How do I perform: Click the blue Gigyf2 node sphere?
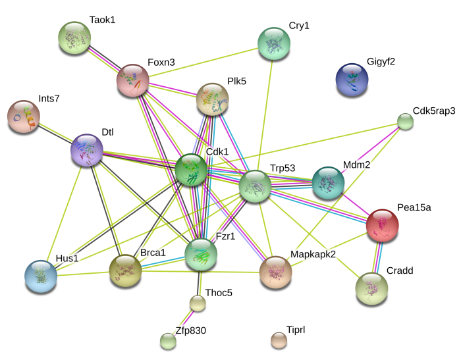coord(352,80)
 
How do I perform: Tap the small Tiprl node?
coord(279,340)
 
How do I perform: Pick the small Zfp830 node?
coord(168,341)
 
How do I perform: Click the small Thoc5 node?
coord(198,303)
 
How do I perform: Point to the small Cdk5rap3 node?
coord(405,121)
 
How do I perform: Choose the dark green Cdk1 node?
coord(192,170)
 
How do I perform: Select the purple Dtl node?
coord(87,150)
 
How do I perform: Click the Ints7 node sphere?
coord(24,117)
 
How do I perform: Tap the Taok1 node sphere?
coord(75,38)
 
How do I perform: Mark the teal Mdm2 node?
coord(327,182)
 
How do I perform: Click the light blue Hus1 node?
coord(41,276)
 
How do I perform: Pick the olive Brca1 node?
coord(125,270)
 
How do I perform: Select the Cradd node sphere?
coord(371,288)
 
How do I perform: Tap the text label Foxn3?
coord(161,63)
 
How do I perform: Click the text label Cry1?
coord(298,26)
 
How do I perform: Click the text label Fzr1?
coord(227,236)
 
